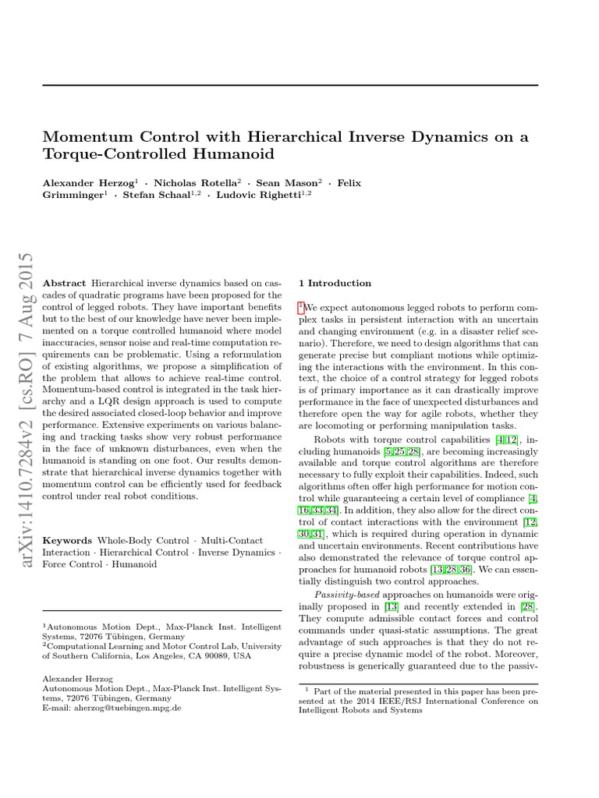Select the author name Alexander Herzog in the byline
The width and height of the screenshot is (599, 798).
[x=89, y=182]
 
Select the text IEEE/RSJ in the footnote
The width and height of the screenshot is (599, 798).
[x=412, y=701]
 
